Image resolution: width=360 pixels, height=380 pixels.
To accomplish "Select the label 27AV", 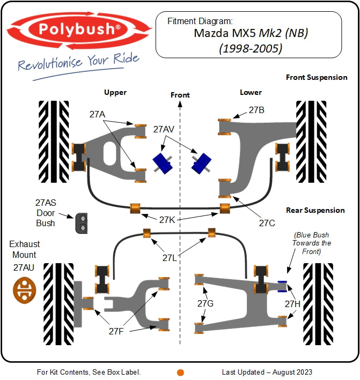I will (164, 129).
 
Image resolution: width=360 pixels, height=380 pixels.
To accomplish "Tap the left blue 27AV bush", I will (161, 162).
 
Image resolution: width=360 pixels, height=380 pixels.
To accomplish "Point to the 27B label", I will (256, 110).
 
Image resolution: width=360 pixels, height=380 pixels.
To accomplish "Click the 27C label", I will (267, 222).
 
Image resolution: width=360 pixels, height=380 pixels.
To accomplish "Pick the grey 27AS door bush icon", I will (82, 222).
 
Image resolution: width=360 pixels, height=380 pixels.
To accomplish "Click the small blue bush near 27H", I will (282, 286).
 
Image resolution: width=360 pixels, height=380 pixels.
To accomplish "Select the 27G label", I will (205, 304).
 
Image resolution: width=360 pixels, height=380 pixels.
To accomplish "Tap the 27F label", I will (116, 331).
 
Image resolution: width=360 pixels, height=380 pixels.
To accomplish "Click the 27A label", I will (97, 114).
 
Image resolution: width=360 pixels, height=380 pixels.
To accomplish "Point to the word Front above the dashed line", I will (180, 95).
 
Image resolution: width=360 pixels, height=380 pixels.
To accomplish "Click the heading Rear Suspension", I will (315, 210).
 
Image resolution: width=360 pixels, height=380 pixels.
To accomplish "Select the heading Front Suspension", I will (316, 77).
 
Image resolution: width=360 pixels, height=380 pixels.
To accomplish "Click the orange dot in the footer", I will (180, 372).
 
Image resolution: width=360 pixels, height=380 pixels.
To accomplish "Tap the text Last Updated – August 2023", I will (267, 372).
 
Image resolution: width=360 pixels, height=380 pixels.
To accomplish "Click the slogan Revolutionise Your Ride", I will (79, 62).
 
